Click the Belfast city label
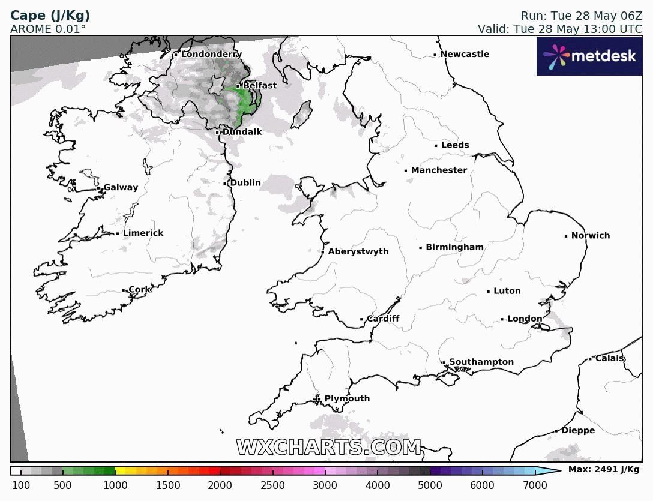[x=259, y=86]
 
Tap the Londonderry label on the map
[x=211, y=55]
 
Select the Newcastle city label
[x=465, y=55]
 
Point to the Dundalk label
[x=242, y=132]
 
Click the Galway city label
[x=121, y=188]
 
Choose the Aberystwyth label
[x=358, y=252]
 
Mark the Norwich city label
[x=590, y=236]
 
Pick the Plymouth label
[x=347, y=399]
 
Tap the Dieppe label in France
[x=578, y=431]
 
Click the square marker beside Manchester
[x=406, y=171]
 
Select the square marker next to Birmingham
[x=421, y=248]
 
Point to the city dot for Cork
[x=124, y=290]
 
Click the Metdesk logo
[x=589, y=56]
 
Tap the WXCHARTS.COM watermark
[x=328, y=448]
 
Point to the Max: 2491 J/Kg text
[x=603, y=470]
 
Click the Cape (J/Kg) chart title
[x=50, y=16]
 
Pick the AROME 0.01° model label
[x=48, y=29]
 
